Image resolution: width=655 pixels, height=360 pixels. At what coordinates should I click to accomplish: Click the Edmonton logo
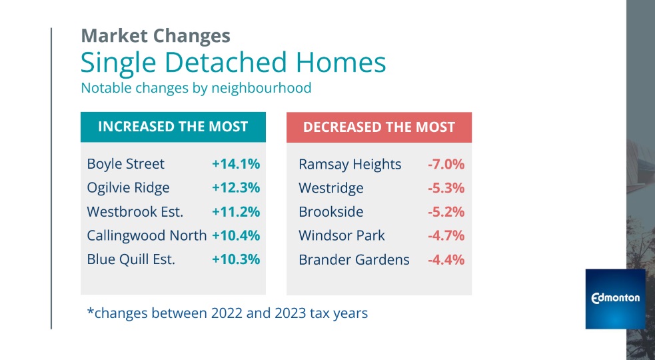pyautogui.click(x=615, y=299)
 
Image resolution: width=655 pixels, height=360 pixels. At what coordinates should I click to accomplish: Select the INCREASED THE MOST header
pyautogui.click(x=173, y=127)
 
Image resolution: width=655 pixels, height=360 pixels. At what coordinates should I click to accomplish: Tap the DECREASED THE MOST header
pyautogui.click(x=378, y=127)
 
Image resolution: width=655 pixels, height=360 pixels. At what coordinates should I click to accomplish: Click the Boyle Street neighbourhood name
pyautogui.click(x=125, y=164)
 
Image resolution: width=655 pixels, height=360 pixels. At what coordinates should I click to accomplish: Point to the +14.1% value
pyautogui.click(x=235, y=164)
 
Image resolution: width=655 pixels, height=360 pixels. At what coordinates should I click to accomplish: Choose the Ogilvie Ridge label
pyautogui.click(x=128, y=188)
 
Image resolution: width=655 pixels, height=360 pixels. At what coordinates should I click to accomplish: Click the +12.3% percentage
pyautogui.click(x=235, y=188)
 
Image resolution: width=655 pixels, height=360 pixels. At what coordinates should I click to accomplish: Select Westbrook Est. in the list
pyautogui.click(x=135, y=212)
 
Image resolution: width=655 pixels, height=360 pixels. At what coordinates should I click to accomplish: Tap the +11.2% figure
pyautogui.click(x=235, y=212)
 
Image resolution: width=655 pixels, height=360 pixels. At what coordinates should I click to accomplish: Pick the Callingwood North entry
pyautogui.click(x=147, y=236)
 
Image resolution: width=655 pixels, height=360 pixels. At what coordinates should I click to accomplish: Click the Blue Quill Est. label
pyautogui.click(x=131, y=259)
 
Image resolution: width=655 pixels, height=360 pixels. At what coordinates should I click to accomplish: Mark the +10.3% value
pyautogui.click(x=235, y=259)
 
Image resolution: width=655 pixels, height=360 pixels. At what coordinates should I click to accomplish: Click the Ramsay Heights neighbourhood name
pyautogui.click(x=350, y=164)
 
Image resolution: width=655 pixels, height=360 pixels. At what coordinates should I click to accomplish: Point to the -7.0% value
pyautogui.click(x=445, y=164)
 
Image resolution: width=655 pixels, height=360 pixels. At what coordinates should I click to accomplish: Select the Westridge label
pyautogui.click(x=330, y=188)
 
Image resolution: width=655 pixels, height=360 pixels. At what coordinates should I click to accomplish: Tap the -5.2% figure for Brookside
pyautogui.click(x=445, y=212)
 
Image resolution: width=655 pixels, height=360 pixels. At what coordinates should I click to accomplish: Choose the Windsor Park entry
pyautogui.click(x=341, y=236)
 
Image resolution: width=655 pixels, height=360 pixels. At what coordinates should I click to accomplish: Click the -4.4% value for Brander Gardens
pyautogui.click(x=445, y=259)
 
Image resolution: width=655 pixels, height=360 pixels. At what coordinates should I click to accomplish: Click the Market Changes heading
pyautogui.click(x=155, y=35)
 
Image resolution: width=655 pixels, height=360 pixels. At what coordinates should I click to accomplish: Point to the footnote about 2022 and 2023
pyautogui.click(x=227, y=312)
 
